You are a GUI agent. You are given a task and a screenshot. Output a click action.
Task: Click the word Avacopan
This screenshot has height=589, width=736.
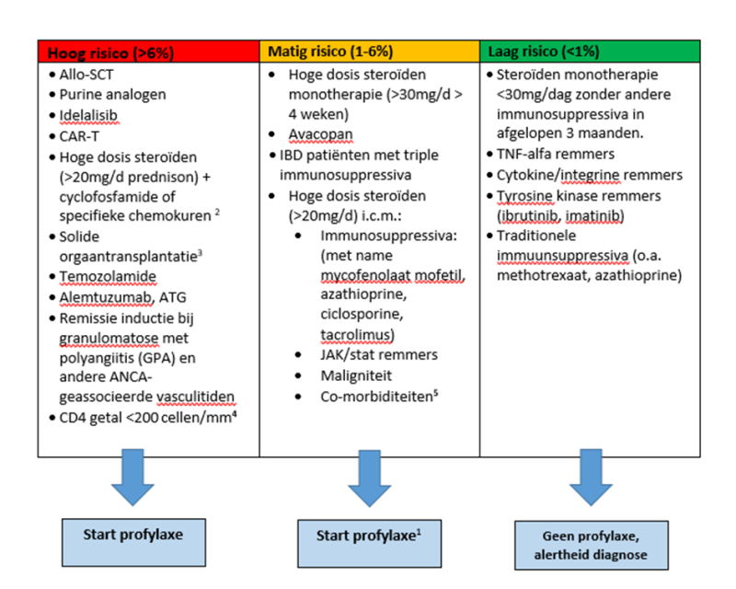tap(322, 134)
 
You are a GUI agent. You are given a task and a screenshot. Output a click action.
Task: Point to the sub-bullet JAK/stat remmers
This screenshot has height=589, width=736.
tap(375, 353)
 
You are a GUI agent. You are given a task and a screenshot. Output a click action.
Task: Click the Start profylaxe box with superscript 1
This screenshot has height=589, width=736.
tap(363, 536)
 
